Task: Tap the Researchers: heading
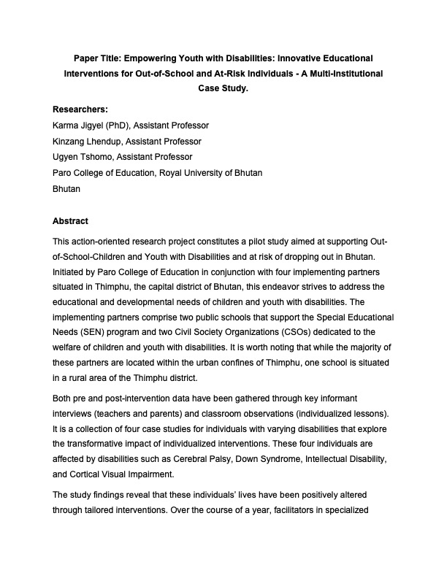(80, 109)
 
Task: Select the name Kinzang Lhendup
(88, 142)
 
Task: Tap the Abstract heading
(70, 221)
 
